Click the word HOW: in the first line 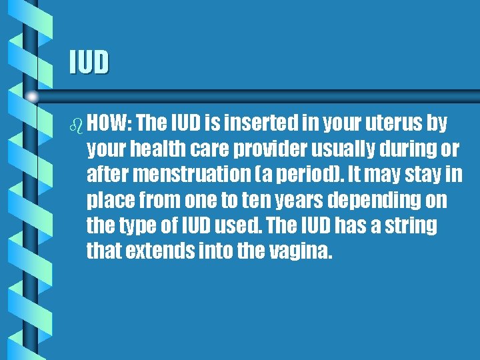pos(111,124)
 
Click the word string pos(412,225)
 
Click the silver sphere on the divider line pos(31,97)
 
